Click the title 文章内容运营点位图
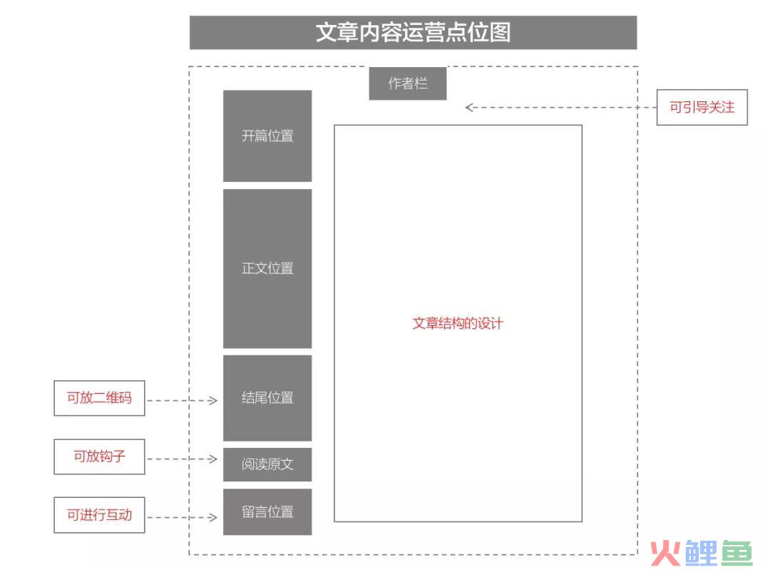[413, 32]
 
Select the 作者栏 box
[408, 83]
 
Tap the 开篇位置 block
[267, 136]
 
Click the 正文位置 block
[267, 268]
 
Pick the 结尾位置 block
[267, 397]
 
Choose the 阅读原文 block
[267, 464]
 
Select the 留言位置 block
[267, 512]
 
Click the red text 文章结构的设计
[457, 323]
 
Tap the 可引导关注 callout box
[702, 107]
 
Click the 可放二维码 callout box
[99, 398]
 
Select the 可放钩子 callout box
[99, 457]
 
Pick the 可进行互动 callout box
[99, 515]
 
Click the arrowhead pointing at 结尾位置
[213, 400]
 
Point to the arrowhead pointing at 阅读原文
[213, 459]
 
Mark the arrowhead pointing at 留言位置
[213, 517]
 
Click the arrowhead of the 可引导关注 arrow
[469, 107]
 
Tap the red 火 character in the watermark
[665, 553]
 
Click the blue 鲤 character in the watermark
[702, 553]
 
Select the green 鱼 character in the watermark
[736, 553]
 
